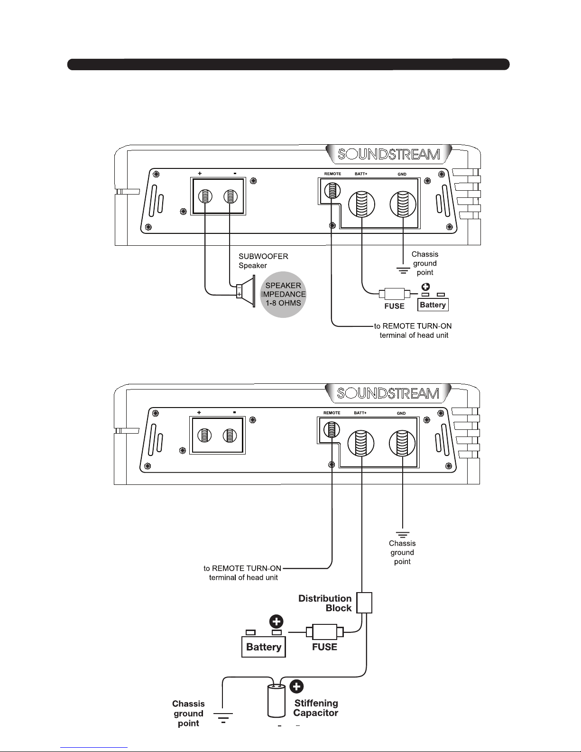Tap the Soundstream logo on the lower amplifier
tap(388, 393)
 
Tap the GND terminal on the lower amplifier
tap(402, 444)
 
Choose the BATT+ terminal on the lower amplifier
tap(361, 444)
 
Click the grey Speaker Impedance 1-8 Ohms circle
tap(283, 295)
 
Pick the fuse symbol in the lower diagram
tap(325, 632)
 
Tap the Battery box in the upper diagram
tap(433, 305)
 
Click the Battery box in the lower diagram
tap(264, 647)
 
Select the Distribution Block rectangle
tap(364, 603)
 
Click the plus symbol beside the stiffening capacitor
tap(296, 687)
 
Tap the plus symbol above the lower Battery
tap(277, 622)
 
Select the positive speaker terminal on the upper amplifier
tap(204, 196)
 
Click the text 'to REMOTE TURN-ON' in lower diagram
tap(242, 568)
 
